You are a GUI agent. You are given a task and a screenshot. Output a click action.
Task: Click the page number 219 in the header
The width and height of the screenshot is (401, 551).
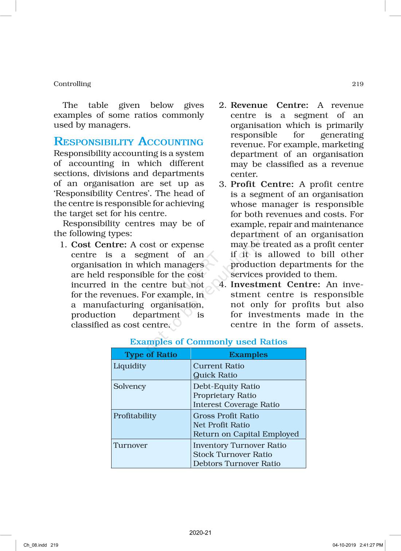(358, 84)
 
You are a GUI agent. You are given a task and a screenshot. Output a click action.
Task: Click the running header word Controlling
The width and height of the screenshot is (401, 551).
(72, 84)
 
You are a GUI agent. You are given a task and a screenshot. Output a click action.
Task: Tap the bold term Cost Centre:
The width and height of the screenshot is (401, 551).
(99, 245)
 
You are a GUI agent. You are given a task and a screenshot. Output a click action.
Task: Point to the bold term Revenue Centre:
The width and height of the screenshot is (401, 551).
(269, 105)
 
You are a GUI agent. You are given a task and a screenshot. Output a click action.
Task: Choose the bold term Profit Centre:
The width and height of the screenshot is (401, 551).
(262, 184)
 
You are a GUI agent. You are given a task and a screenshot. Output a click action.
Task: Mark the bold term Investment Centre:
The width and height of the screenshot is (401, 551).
(275, 285)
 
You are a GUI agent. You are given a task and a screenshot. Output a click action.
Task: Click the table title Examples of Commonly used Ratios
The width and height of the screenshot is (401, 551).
(209, 342)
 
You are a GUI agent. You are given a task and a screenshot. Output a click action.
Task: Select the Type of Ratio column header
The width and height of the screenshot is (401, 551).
(151, 355)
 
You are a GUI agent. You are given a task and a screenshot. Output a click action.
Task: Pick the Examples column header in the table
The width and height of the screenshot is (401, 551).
(248, 355)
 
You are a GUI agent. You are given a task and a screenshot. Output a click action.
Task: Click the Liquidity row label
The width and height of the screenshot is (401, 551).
(130, 366)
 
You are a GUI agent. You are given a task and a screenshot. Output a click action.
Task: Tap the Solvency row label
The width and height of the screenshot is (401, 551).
(129, 386)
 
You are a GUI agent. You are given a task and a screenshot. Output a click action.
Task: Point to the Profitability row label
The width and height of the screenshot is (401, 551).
(135, 416)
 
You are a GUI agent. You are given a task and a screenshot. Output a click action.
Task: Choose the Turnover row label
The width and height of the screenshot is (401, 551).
(131, 445)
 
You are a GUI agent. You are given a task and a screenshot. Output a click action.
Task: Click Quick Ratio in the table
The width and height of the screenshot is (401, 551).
(215, 375)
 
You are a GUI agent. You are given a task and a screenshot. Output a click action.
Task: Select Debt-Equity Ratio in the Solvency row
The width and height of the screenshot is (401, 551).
(226, 386)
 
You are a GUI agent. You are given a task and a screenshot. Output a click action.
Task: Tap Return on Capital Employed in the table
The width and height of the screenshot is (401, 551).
(246, 434)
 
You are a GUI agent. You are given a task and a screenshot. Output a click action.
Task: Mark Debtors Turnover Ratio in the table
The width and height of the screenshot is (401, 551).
(237, 464)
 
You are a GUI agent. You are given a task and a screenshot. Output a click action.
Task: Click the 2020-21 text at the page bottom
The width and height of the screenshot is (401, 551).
(200, 532)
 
